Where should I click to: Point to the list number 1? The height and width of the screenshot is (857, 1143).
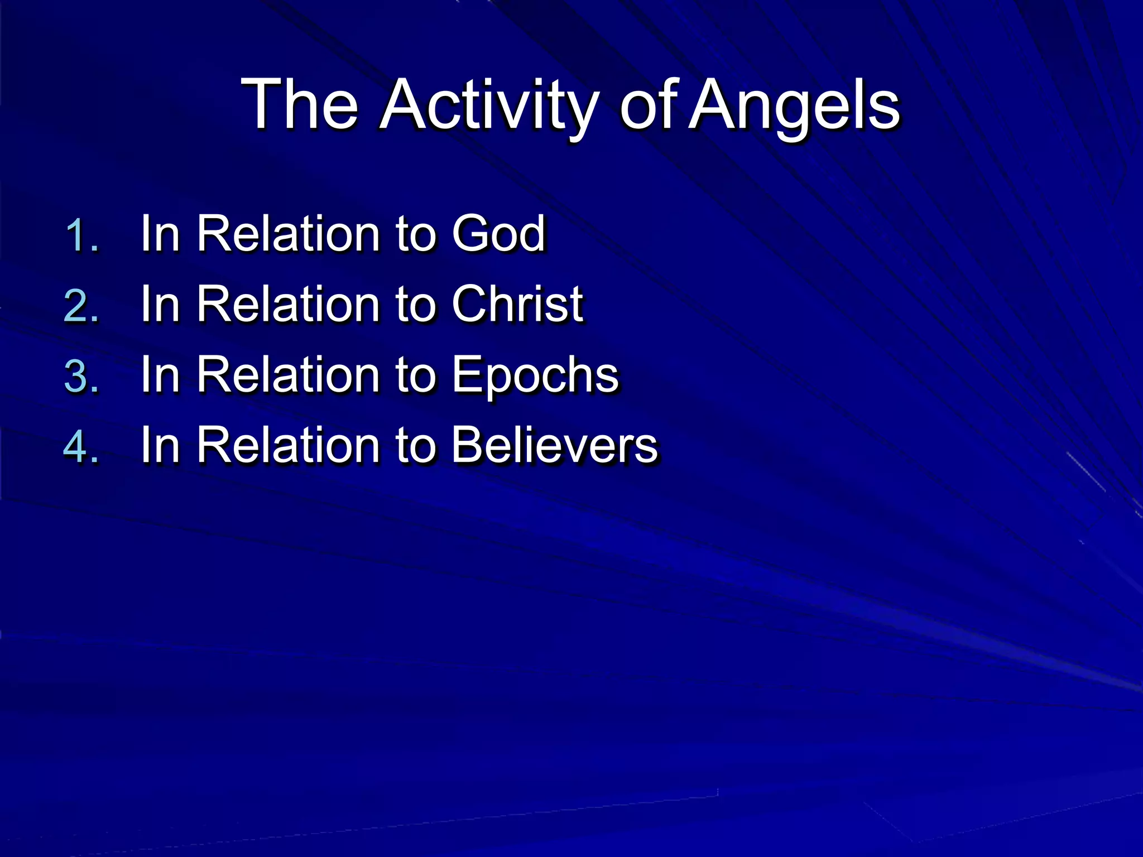pyautogui.click(x=81, y=235)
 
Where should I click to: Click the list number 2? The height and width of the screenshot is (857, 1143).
pyautogui.click(x=81, y=306)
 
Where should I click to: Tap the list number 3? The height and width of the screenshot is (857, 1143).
pyautogui.click(x=81, y=376)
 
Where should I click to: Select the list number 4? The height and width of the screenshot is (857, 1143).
pyautogui.click(x=81, y=446)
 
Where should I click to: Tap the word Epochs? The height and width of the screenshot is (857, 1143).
pyautogui.click(x=535, y=375)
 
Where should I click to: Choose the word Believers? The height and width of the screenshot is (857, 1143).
pyautogui.click(x=555, y=445)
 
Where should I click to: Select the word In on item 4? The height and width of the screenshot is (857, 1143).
pyautogui.click(x=160, y=445)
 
